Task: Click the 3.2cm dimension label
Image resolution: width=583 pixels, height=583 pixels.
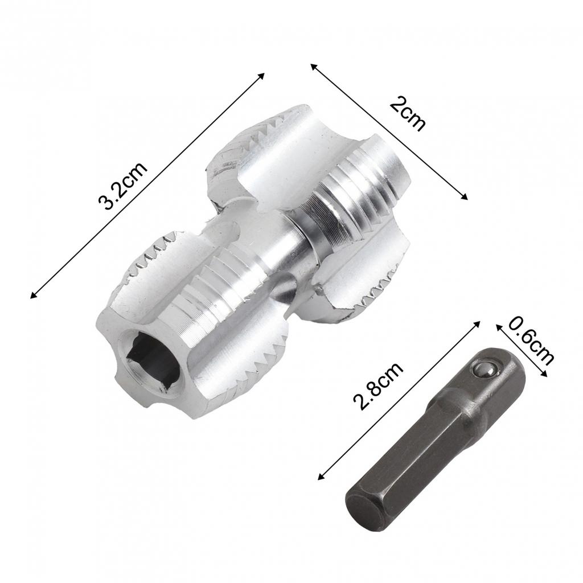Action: pyautogui.click(x=122, y=186)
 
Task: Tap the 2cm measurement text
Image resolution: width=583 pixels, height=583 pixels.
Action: pyautogui.click(x=408, y=114)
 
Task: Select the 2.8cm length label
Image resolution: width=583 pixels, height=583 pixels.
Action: pyautogui.click(x=378, y=385)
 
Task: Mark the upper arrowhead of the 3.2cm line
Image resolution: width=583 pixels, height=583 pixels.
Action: pyautogui.click(x=262, y=75)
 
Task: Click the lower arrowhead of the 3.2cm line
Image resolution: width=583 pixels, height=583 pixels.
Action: pyautogui.click(x=33, y=295)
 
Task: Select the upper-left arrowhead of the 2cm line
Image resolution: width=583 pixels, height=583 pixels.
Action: pyautogui.click(x=313, y=66)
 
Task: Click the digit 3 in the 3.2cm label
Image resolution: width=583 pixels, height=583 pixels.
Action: pyautogui.click(x=104, y=203)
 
